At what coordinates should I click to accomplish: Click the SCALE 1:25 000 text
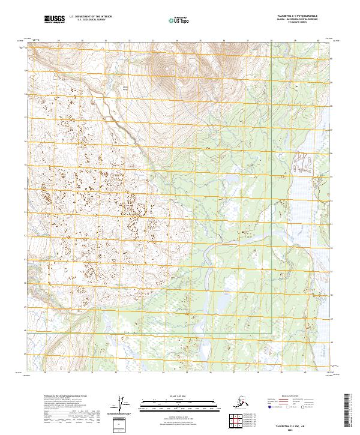[174, 397]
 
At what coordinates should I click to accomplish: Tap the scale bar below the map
[174, 403]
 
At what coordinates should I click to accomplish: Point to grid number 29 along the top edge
[59, 41]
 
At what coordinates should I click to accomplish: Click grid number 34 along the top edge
[177, 41]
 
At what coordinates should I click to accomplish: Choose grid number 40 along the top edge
[319, 41]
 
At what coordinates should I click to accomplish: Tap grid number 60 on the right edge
[333, 59]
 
